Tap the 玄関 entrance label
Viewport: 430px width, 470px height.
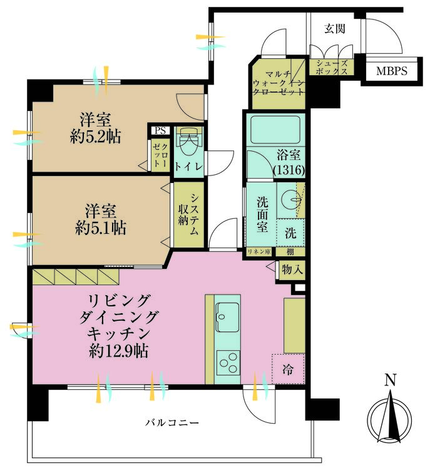click(335, 29)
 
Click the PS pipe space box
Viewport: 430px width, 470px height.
click(160, 131)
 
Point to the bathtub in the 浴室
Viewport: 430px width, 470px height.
click(275, 130)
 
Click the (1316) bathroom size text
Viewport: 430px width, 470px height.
click(289, 170)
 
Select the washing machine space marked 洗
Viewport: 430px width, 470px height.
click(290, 232)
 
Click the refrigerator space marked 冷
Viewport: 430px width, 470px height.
click(288, 369)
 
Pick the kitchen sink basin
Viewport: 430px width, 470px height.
click(228, 317)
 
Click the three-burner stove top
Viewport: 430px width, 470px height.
click(228, 362)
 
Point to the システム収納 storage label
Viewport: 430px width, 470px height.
click(188, 214)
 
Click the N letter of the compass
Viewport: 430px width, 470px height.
click(390, 380)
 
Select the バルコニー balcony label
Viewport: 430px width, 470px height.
click(172, 422)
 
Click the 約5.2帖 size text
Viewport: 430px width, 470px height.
click(96, 137)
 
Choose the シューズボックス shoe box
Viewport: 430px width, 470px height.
click(332, 67)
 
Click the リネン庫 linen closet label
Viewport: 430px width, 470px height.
click(259, 252)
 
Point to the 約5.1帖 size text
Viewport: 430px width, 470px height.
click(101, 228)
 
